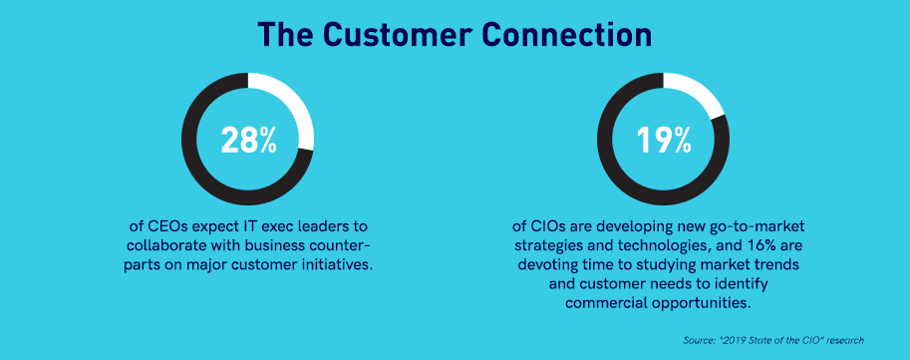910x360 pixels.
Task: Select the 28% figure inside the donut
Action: coord(248,140)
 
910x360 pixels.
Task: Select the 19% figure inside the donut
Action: coord(664,140)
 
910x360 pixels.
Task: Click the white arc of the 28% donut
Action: coord(298,108)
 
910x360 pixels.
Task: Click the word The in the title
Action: coord(285,35)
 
